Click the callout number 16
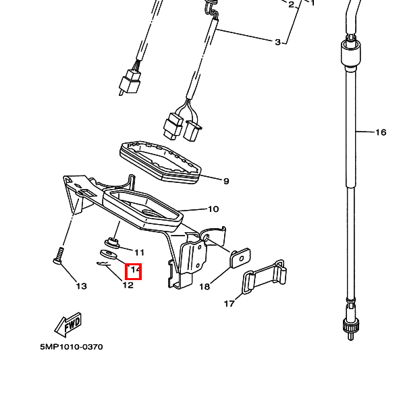[x=381, y=132]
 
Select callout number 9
[x=226, y=182]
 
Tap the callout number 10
[x=213, y=209]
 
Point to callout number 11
[x=139, y=252]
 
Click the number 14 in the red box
[x=135, y=270]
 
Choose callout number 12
[x=128, y=285]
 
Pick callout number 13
[x=82, y=286]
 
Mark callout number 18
[x=205, y=287]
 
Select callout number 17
[x=229, y=304]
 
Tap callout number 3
[x=277, y=42]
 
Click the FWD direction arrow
[x=67, y=325]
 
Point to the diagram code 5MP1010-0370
[x=72, y=347]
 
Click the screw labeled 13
[x=59, y=255]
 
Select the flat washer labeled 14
[x=108, y=254]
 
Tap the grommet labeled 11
[x=112, y=243]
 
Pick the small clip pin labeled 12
[x=104, y=264]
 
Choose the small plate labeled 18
[x=240, y=258]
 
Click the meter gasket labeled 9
[x=161, y=162]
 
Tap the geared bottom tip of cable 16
[x=350, y=329]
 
